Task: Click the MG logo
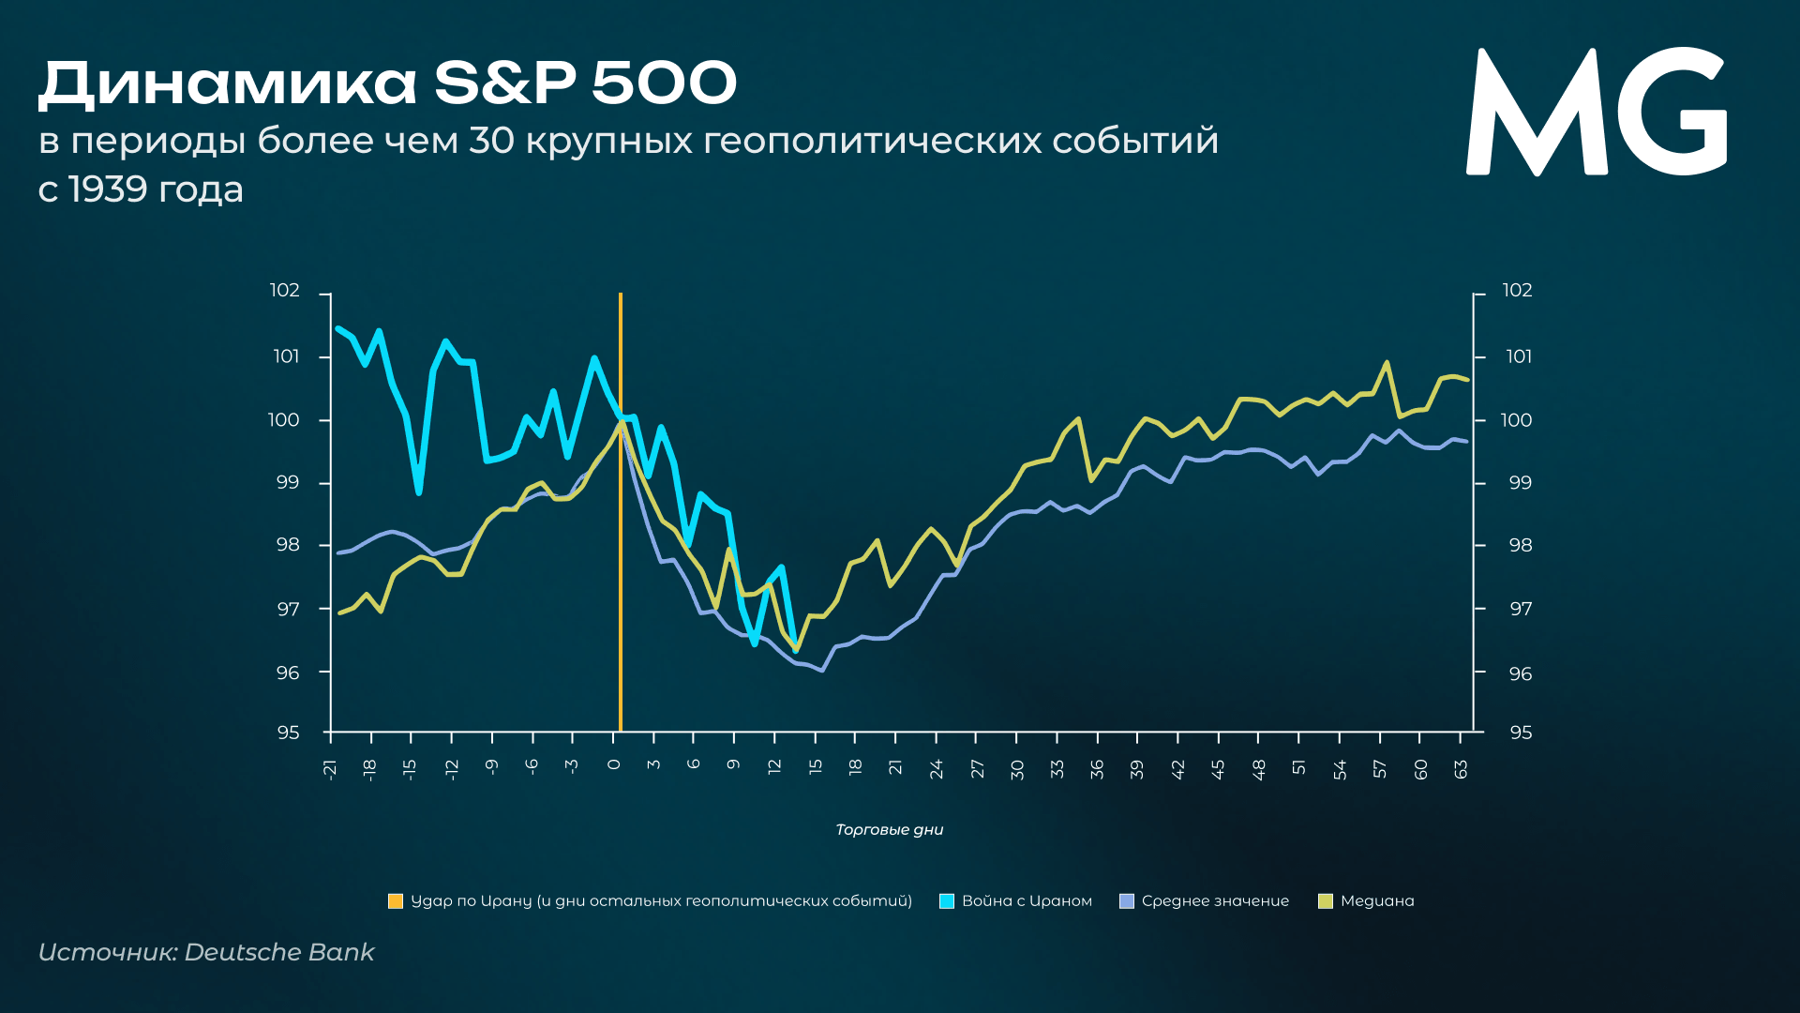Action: (x=1596, y=113)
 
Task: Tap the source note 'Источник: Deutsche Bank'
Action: (x=206, y=952)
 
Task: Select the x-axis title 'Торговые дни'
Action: (x=889, y=829)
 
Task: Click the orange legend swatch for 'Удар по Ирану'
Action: (x=396, y=901)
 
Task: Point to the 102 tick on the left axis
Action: (x=285, y=291)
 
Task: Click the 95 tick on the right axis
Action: (x=1521, y=733)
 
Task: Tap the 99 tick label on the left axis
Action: (x=287, y=483)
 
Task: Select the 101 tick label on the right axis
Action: (x=1519, y=356)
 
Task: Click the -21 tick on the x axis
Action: (x=330, y=769)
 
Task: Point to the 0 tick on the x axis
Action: (x=614, y=764)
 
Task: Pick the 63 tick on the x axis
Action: (x=1461, y=769)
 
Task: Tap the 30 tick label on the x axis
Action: (x=1017, y=769)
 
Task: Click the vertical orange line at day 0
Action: (x=620, y=563)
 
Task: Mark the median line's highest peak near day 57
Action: (x=1387, y=363)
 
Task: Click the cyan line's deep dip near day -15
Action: (x=418, y=491)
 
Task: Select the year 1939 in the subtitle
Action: (x=108, y=189)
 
